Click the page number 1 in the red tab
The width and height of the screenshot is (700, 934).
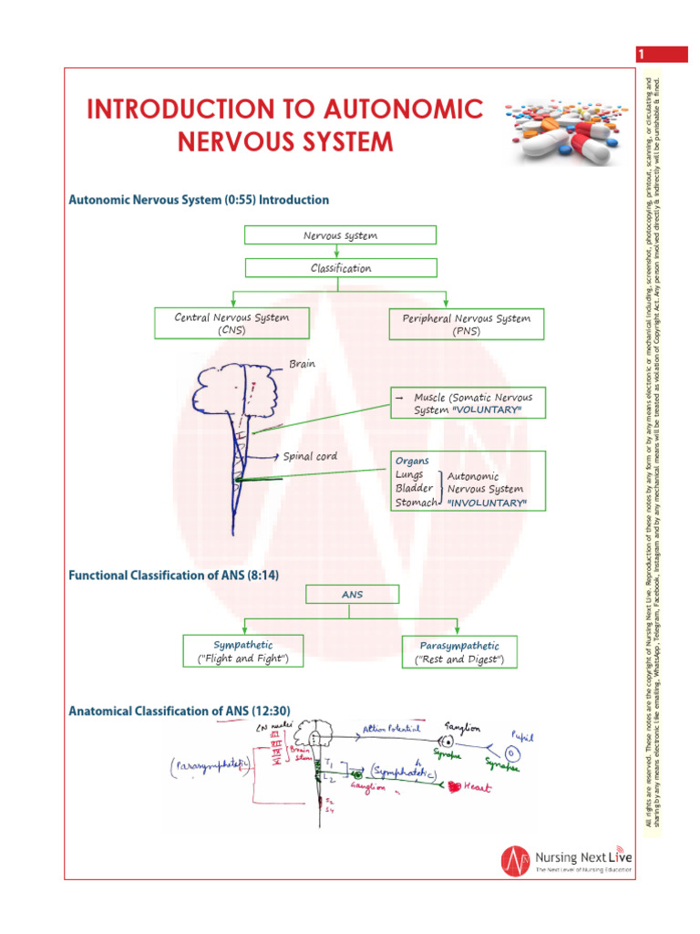pos(641,56)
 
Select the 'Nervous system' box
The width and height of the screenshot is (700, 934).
pos(340,235)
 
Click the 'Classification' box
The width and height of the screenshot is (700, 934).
pos(340,268)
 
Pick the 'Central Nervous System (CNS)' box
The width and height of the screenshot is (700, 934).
pos(232,324)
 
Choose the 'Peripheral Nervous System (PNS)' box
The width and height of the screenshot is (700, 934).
pos(466,325)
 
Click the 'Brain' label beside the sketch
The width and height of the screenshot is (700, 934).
pos(302,364)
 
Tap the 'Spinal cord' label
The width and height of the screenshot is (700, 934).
pos(310,456)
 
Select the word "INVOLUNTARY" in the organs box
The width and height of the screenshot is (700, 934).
pos(487,503)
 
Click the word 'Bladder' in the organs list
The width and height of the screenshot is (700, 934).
pos(414,489)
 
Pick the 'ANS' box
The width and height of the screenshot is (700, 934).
pos(352,595)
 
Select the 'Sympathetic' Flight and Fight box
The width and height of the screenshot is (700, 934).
pos(242,651)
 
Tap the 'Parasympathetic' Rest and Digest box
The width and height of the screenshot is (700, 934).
pos(459,652)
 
